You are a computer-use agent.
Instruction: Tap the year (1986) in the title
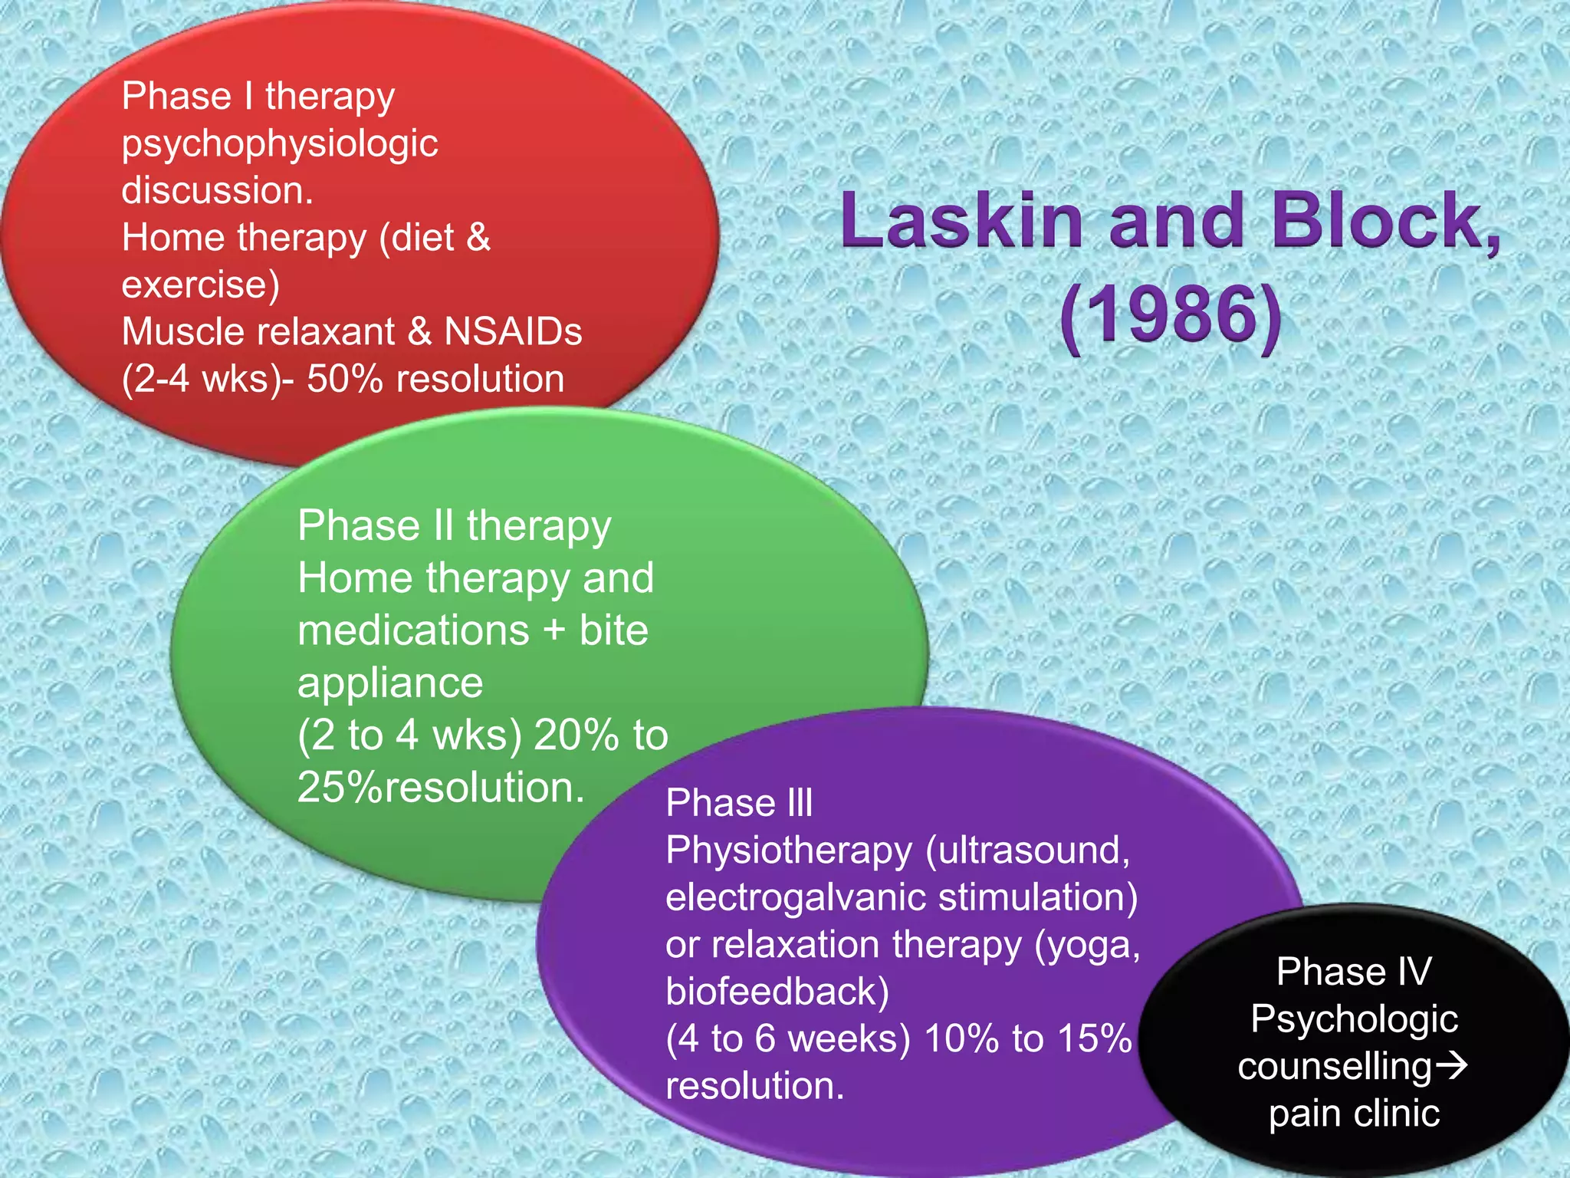[x=1170, y=315]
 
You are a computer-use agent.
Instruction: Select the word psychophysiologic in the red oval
[x=279, y=144]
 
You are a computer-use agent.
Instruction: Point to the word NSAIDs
[x=513, y=332]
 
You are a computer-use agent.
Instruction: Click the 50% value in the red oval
[x=344, y=379]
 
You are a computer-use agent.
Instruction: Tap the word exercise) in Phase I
[x=200, y=285]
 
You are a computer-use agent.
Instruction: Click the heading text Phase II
[x=376, y=526]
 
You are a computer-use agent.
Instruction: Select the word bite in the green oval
[x=613, y=630]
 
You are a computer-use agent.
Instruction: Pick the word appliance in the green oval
[x=390, y=683]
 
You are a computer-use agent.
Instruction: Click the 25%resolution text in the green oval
[x=441, y=788]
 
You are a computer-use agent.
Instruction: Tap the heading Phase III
[x=739, y=803]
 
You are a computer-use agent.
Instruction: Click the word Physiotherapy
[x=789, y=851]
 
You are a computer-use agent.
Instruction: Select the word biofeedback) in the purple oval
[x=777, y=992]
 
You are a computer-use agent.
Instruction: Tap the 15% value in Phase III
[x=1095, y=1038]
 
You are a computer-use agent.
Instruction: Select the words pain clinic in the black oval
[x=1354, y=1113]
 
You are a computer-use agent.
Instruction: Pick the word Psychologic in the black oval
[x=1354, y=1019]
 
